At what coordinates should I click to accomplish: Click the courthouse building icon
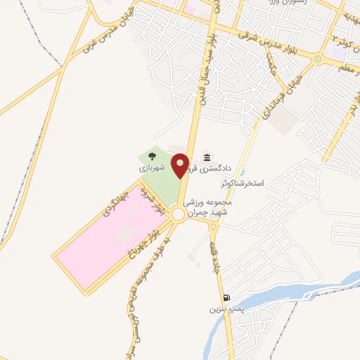207,157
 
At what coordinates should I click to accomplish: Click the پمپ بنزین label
225,309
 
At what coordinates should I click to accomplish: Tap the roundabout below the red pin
180,215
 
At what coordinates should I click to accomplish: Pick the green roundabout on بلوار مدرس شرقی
318,60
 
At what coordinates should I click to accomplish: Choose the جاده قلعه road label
213,257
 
